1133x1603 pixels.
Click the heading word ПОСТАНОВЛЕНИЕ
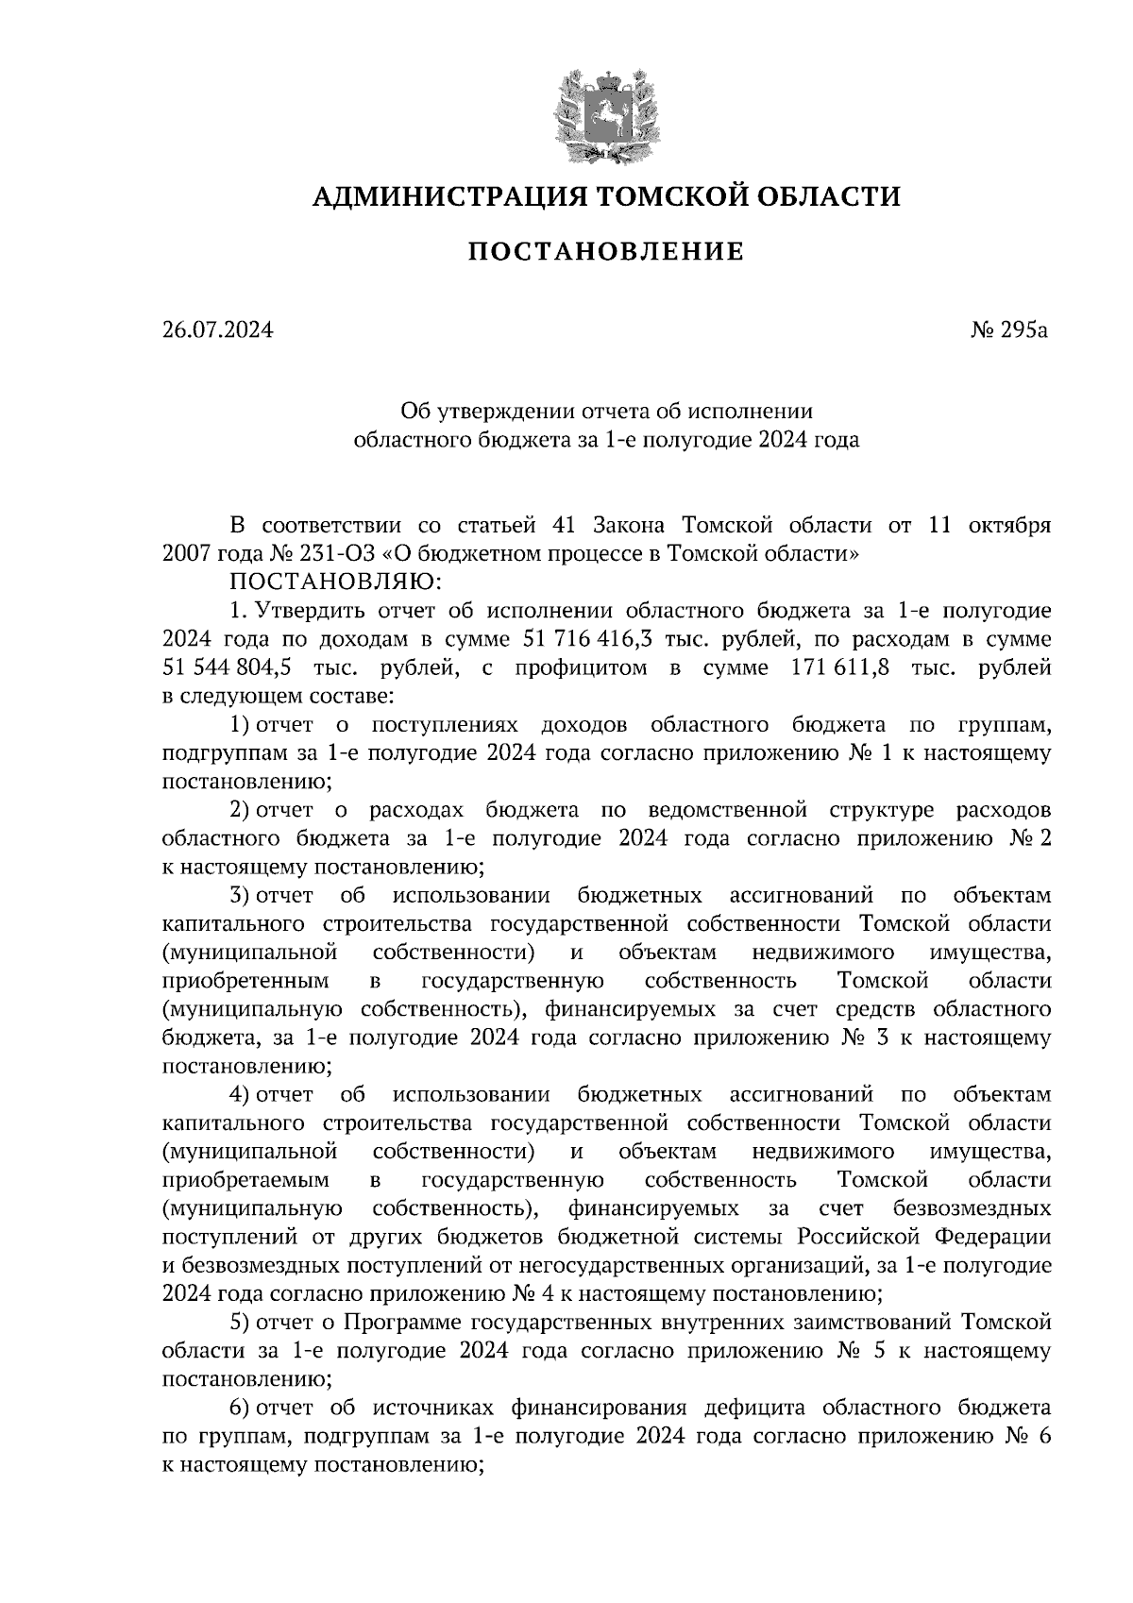pos(606,252)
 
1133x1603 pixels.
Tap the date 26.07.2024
pos(217,330)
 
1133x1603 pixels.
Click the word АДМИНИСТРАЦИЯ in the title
pos(437,196)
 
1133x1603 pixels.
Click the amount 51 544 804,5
pos(228,668)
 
